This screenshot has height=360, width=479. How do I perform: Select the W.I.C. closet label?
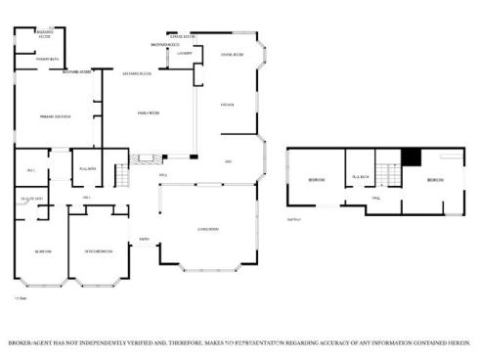pyautogui.click(x=31, y=169)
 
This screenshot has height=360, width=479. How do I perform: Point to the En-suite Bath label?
pyautogui.click(x=33, y=201)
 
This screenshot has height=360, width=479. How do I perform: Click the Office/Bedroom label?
pyautogui.click(x=98, y=250)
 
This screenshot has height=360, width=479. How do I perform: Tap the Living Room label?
pyautogui.click(x=207, y=229)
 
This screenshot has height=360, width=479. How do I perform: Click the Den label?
pyautogui.click(x=228, y=160)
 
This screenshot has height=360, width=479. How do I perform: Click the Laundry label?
pyautogui.click(x=186, y=53)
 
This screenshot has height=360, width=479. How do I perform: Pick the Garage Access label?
pyautogui.click(x=182, y=35)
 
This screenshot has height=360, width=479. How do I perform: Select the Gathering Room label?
pyautogui.click(x=136, y=73)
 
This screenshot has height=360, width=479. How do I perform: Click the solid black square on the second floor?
pyautogui.click(x=412, y=156)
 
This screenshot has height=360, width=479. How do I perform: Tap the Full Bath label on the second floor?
pyautogui.click(x=359, y=177)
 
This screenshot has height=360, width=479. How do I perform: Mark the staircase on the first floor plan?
pyautogui.click(x=122, y=176)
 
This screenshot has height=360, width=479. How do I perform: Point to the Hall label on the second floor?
pyautogui.click(x=374, y=198)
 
